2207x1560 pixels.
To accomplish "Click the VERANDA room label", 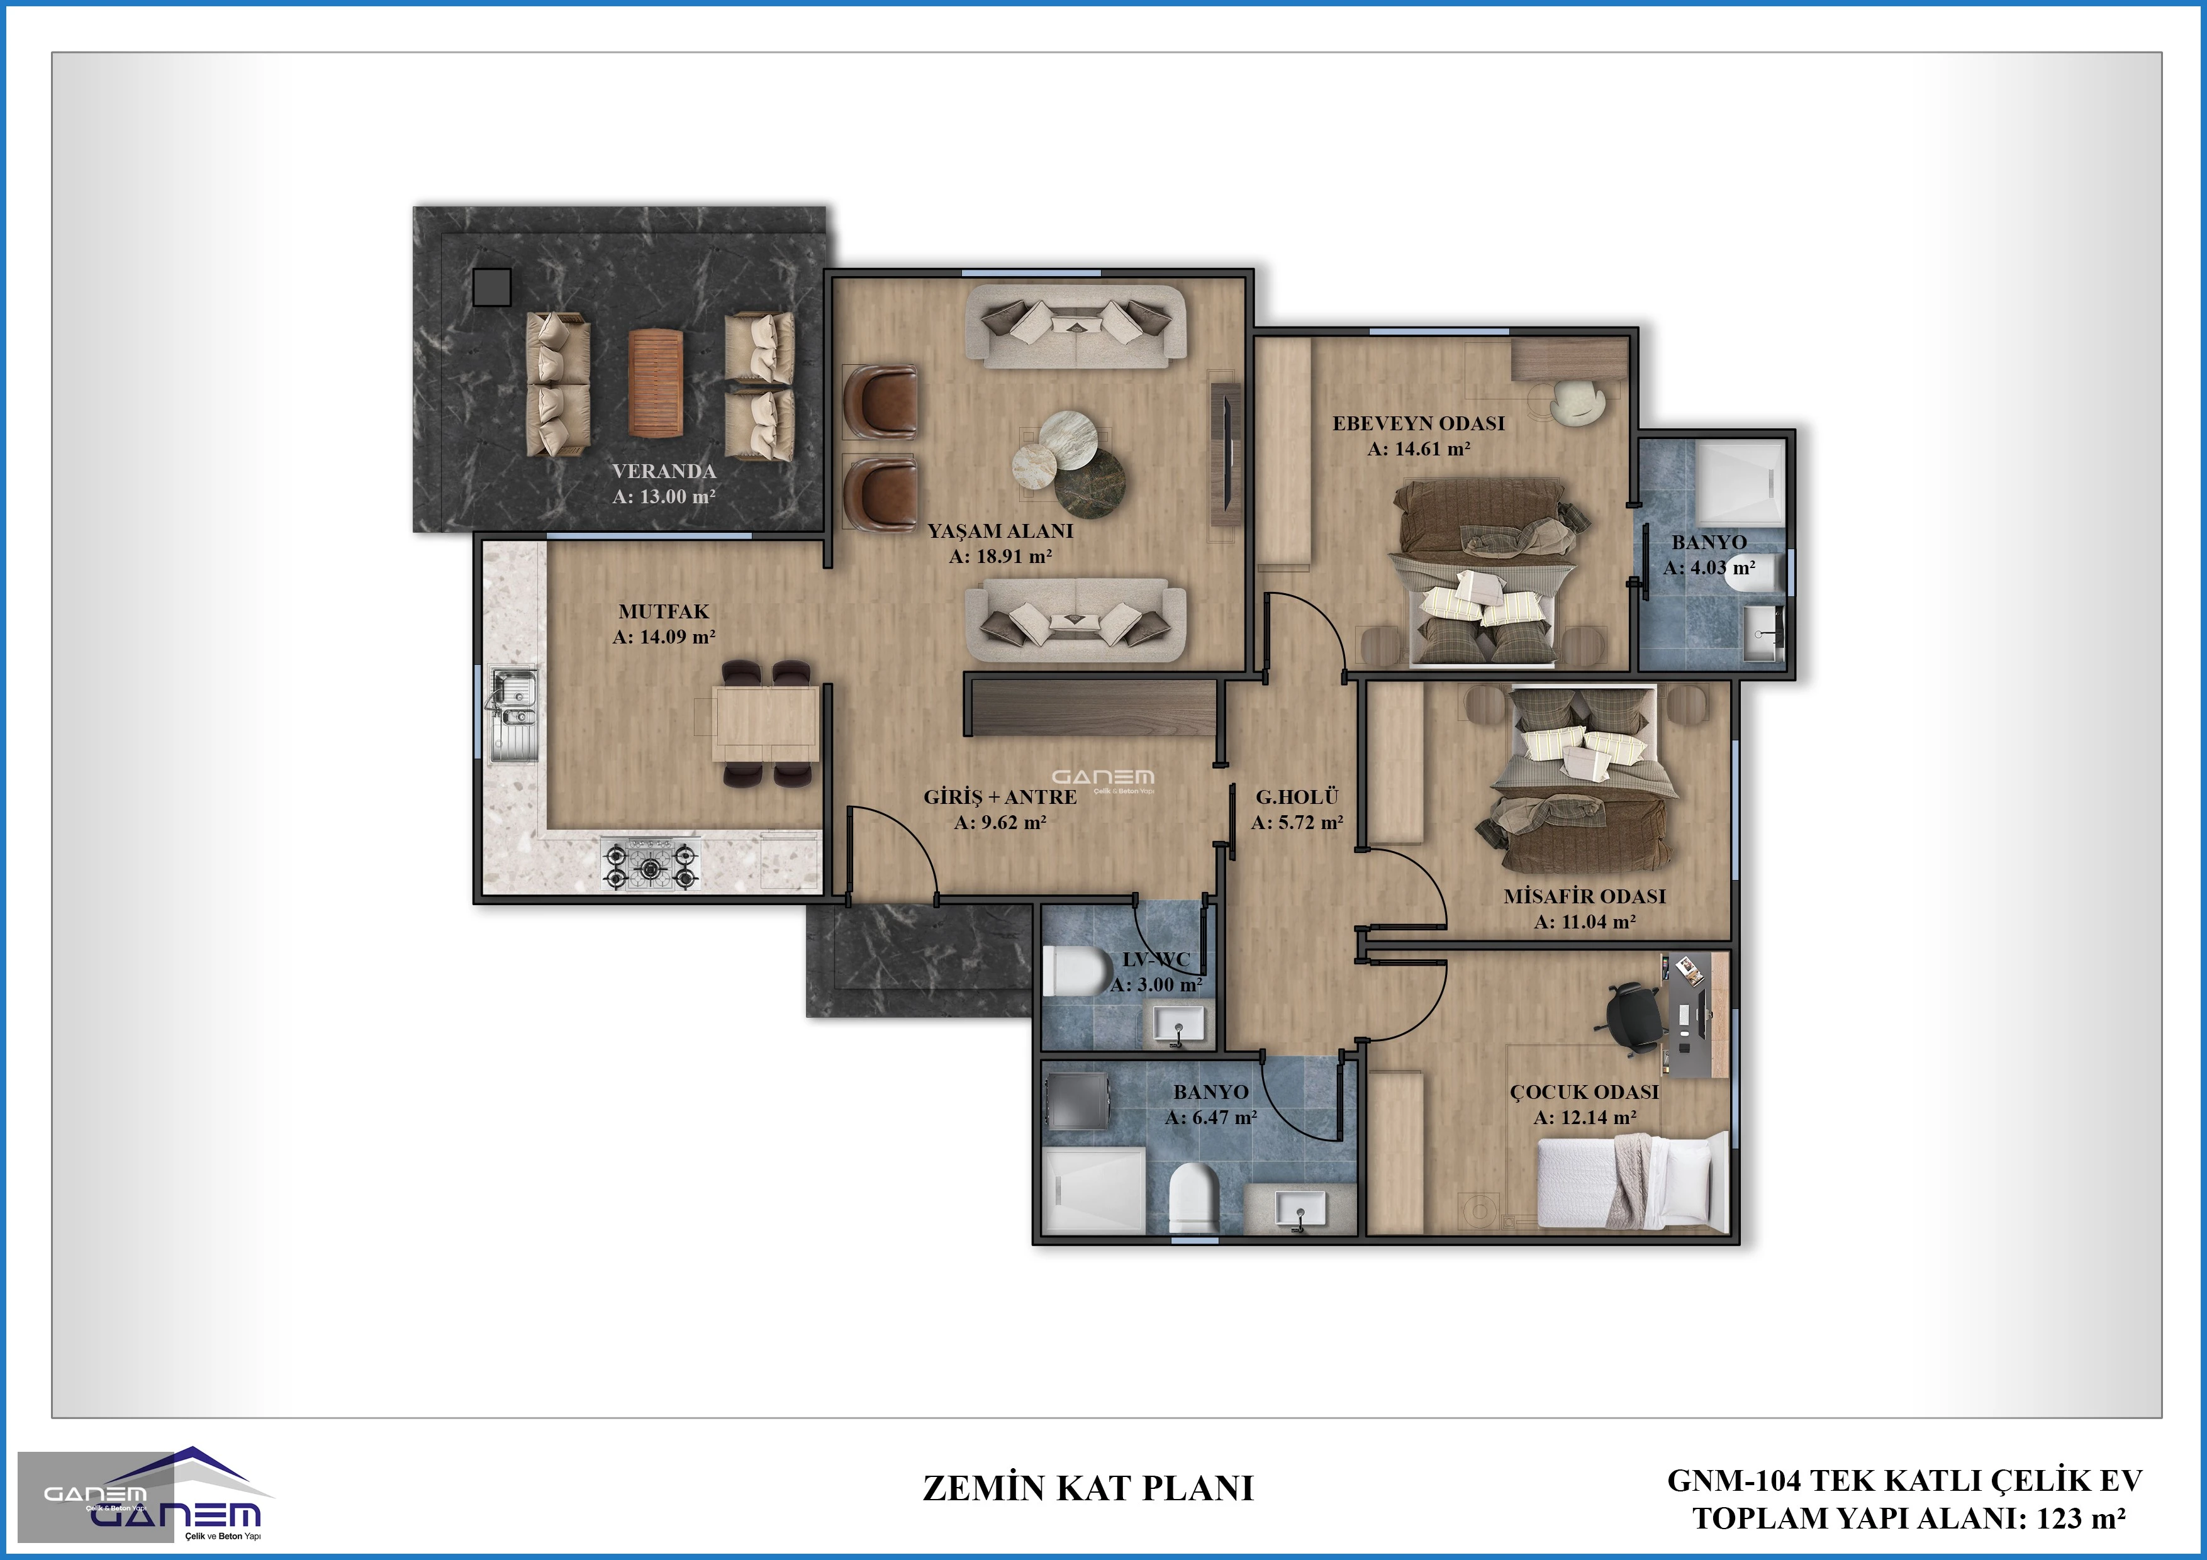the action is [x=664, y=471].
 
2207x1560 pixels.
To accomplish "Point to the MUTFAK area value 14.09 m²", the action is [x=664, y=637].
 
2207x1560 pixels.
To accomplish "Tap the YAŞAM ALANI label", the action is [x=1001, y=530].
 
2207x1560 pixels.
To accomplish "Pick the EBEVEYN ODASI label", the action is [x=1419, y=423].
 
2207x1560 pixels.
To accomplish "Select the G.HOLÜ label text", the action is [x=1297, y=797].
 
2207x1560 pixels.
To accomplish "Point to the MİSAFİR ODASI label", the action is [x=1585, y=896].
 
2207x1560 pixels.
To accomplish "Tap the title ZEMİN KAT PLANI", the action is [x=1088, y=1488].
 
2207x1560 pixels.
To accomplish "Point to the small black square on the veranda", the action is [x=492, y=286].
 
